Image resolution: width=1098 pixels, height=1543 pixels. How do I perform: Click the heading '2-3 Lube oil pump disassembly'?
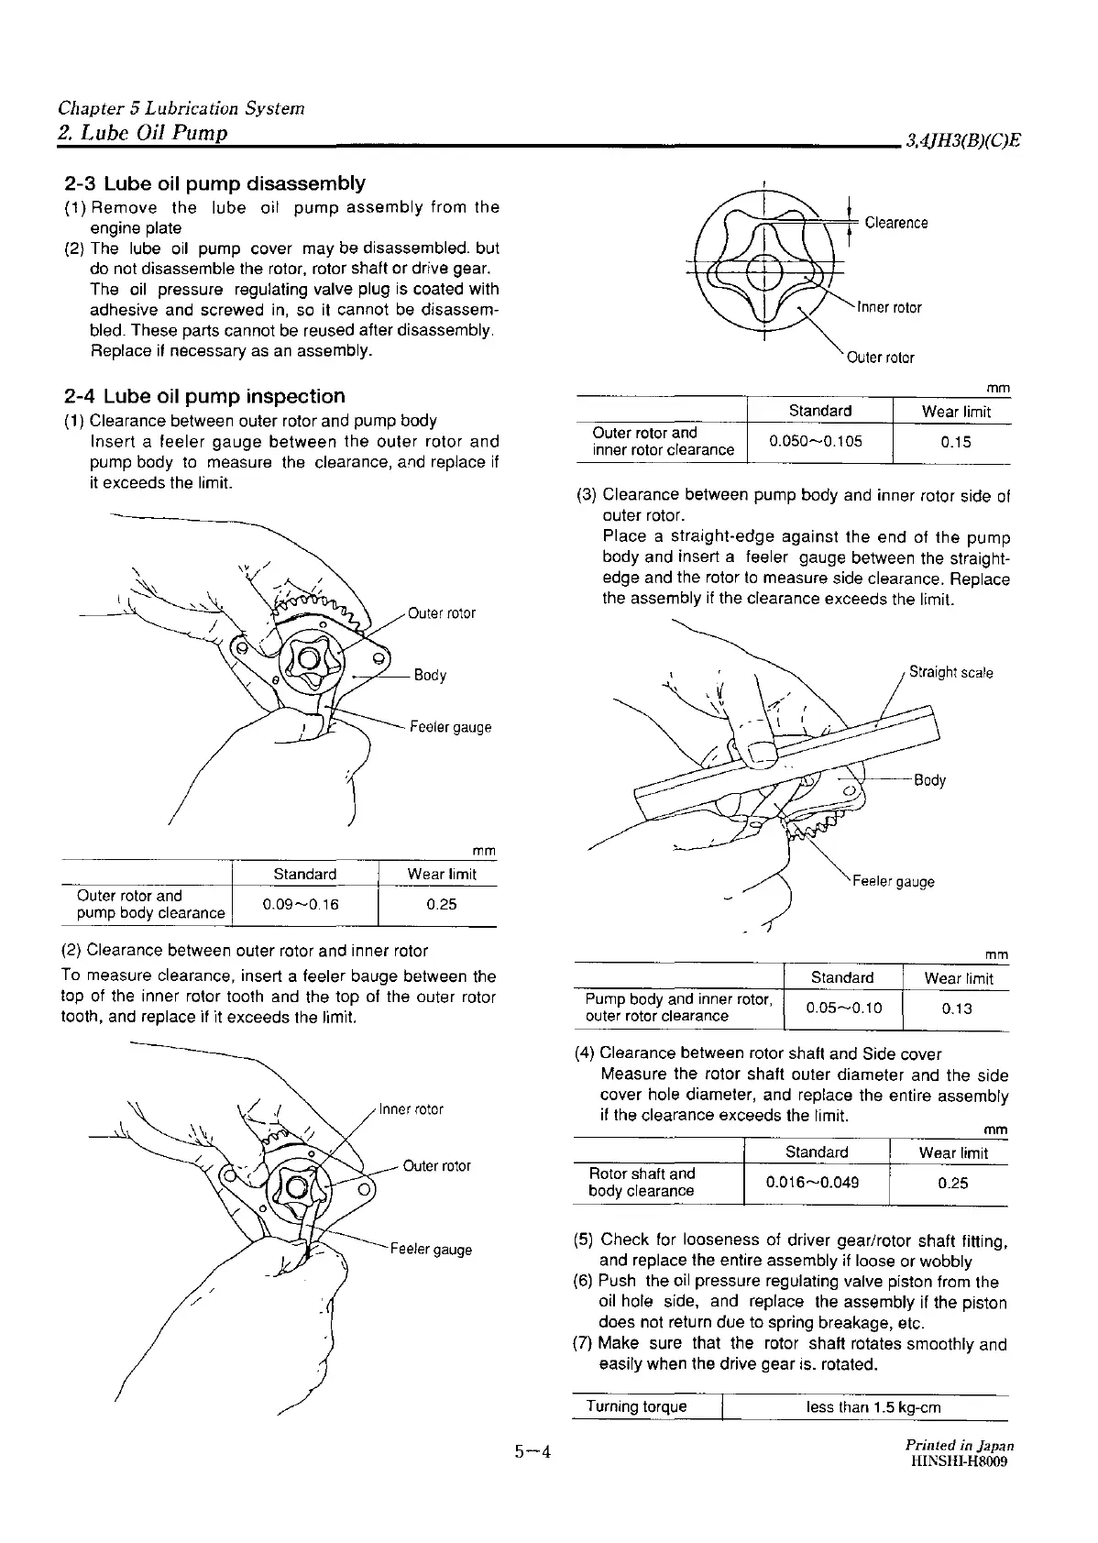214,183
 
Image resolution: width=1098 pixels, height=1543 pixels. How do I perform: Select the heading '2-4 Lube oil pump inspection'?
205,396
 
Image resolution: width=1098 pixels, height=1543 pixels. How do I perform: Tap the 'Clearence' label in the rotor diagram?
895,223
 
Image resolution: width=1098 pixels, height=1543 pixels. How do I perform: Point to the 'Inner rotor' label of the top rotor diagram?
888,307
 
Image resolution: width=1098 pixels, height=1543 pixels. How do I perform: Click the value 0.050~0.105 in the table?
815,441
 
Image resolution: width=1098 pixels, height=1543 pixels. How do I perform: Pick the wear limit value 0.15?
955,441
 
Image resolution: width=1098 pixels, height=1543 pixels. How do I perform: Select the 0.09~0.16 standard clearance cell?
300,904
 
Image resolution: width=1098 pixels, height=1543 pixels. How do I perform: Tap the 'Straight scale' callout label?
950,672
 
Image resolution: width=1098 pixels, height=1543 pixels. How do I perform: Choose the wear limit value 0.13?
956,1008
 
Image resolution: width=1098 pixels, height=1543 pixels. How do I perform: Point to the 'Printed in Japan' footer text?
958,1446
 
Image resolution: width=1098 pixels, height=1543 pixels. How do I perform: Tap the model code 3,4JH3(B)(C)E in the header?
962,140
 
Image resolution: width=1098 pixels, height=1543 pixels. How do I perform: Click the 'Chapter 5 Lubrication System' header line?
181,108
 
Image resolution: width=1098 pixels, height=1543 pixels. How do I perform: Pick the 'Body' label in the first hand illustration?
430,676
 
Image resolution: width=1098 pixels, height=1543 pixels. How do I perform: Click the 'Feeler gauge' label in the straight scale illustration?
893,881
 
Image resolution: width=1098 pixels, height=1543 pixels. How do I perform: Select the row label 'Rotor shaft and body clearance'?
642,1182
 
